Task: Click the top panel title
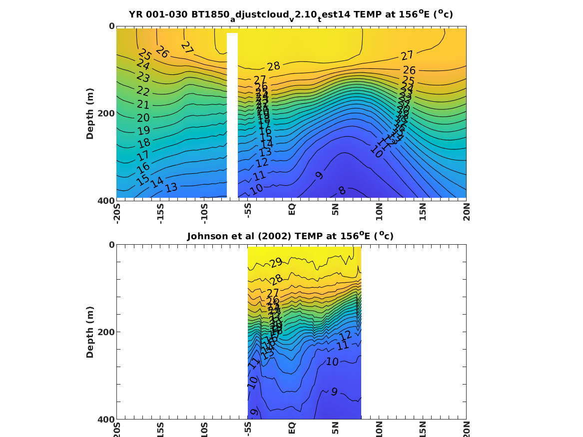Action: point(291,14)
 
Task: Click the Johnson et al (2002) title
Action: point(290,236)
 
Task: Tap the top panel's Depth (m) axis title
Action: point(90,113)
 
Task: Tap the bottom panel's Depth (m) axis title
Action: point(90,332)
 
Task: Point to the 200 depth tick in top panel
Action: point(107,113)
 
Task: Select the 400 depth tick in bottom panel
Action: point(107,419)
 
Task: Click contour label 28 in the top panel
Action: point(273,66)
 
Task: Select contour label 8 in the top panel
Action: point(342,191)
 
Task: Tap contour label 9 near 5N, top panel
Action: point(320,175)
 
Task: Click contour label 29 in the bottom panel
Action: point(276,263)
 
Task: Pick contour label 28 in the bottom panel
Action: point(276,280)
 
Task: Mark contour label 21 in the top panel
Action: point(143,105)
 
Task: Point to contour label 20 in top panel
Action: point(143,118)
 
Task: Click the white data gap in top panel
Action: point(232,115)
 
